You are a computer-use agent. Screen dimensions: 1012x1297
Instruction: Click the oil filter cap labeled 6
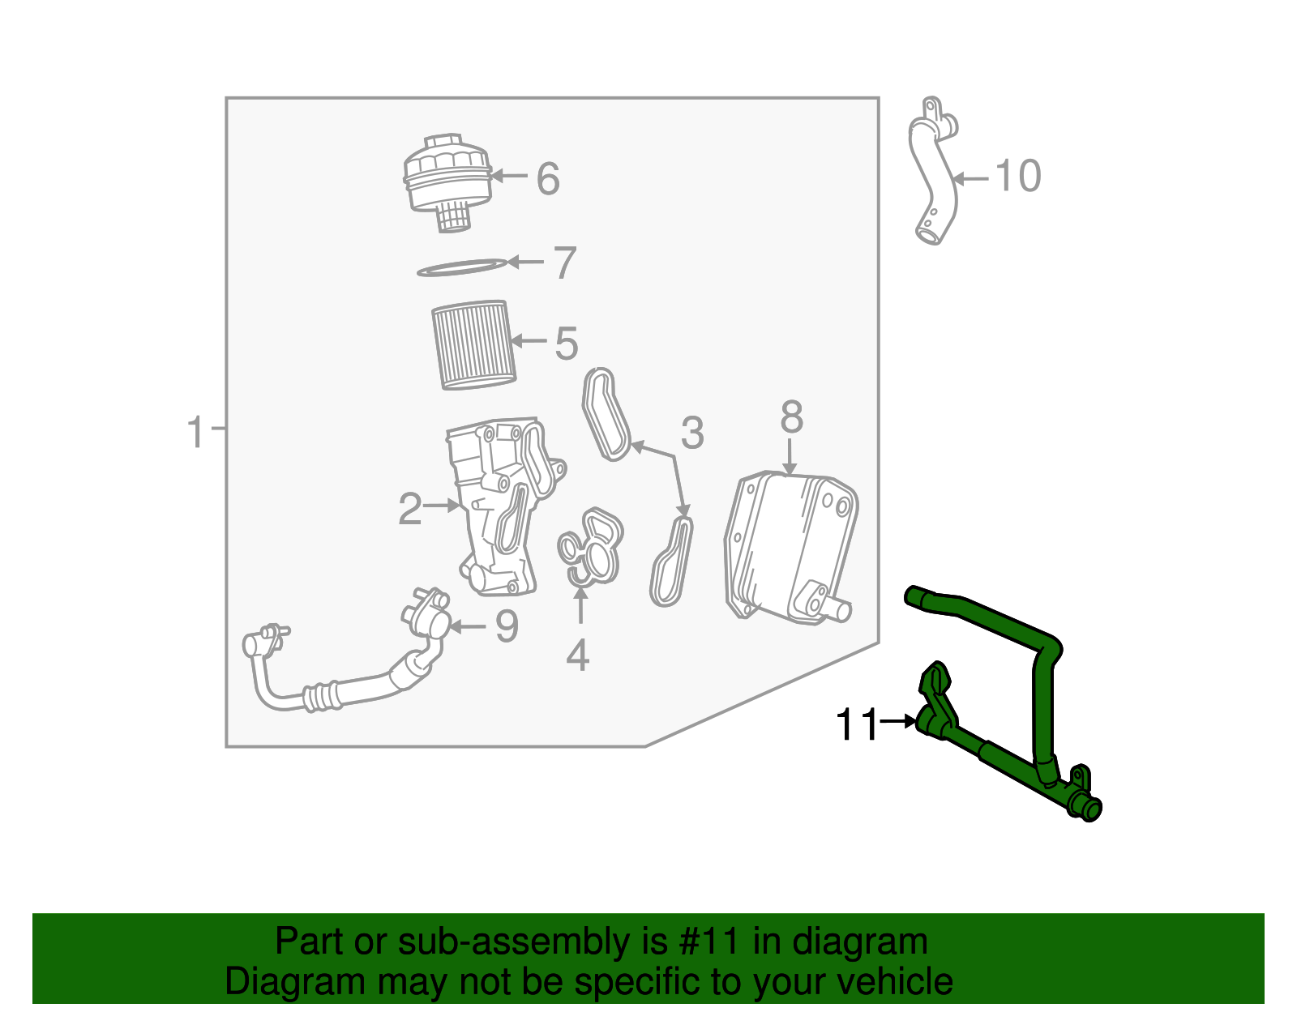[447, 178]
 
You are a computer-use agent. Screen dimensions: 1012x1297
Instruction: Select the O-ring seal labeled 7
[461, 267]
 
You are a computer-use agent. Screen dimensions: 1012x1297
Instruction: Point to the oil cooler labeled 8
[790, 547]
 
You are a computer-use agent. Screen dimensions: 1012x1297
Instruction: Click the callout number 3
[691, 433]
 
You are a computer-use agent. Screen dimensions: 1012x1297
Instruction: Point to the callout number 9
[507, 626]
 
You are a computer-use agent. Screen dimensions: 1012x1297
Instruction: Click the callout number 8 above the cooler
[791, 418]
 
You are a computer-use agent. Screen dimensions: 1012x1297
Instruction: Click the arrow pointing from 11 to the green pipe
[898, 720]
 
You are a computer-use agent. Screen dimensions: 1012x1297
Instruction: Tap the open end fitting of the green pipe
[1090, 809]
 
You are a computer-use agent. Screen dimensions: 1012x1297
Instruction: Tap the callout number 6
[548, 178]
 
